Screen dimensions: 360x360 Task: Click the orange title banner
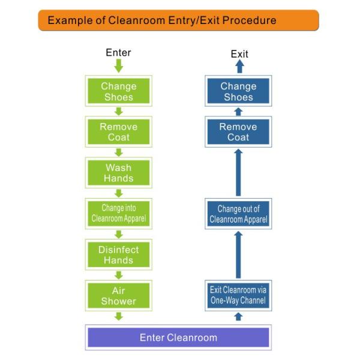coord(178,20)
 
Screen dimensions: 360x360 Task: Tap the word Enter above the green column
coord(118,53)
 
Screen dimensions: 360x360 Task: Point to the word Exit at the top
coord(239,55)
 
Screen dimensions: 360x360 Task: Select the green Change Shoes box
coord(118,91)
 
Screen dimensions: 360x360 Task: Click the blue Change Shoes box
coord(238,91)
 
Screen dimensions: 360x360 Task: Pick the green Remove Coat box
coord(118,132)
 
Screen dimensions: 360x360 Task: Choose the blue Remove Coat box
coord(238,132)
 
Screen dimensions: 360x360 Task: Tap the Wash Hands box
coord(118,173)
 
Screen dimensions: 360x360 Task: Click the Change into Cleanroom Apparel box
coord(118,214)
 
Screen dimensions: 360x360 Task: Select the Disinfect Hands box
coord(118,254)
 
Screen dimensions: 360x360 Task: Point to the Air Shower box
coord(118,295)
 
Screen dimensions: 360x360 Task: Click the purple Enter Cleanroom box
coord(178,337)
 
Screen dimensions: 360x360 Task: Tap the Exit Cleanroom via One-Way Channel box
coord(238,295)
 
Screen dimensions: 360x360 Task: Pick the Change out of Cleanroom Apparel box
coord(238,214)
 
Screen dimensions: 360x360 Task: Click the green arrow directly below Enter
coord(118,65)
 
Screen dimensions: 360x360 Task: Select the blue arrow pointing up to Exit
coord(239,67)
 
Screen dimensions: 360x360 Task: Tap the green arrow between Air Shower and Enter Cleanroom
coord(118,316)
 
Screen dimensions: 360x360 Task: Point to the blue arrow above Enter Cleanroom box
coord(238,316)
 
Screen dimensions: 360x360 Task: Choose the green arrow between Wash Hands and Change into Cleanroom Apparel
coord(118,193)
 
